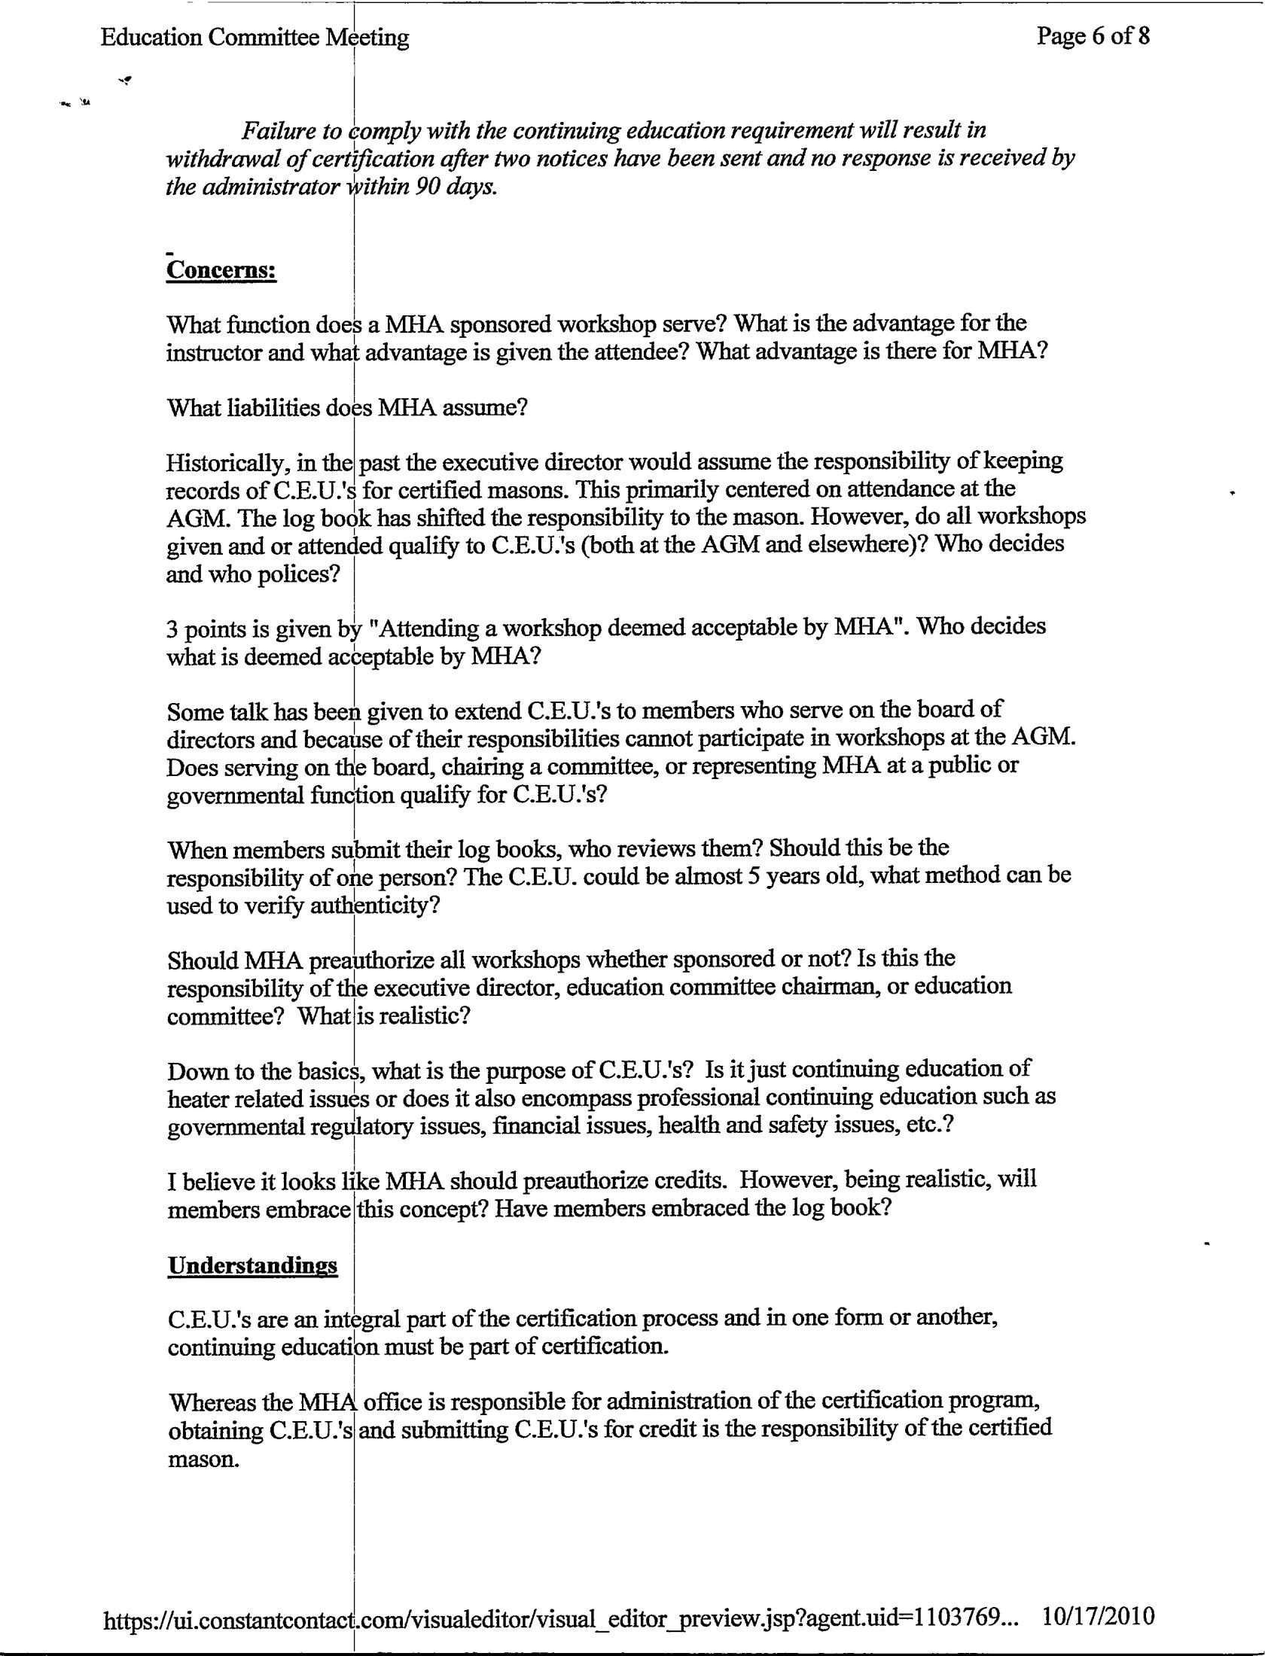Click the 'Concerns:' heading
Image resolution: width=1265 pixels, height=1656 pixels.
[x=221, y=269]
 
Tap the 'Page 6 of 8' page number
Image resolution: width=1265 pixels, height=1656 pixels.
[x=1093, y=35]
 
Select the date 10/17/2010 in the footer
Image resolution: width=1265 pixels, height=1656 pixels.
[x=1098, y=1615]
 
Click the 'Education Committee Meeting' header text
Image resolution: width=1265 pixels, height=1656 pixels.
[x=255, y=38]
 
